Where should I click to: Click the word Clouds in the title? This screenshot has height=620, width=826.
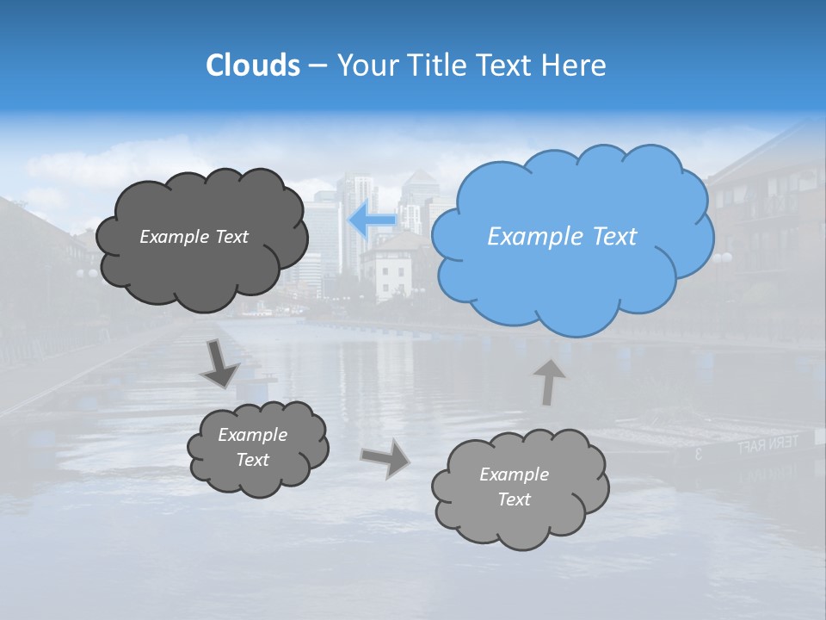252,65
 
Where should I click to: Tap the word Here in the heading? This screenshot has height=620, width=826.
574,65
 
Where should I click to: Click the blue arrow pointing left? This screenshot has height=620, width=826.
373,221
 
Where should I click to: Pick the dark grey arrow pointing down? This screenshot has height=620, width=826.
220,363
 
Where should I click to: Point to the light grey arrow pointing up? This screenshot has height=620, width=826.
549,381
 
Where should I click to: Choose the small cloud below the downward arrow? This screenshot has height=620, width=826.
256,448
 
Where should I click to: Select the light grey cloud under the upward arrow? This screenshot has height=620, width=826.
519,488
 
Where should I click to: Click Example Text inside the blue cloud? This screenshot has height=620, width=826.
562,237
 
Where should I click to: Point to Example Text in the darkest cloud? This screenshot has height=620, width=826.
194,237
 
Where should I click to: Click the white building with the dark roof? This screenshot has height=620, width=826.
391,267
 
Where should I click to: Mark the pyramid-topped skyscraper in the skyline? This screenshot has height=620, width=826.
419,194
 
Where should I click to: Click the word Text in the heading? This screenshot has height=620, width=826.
507,65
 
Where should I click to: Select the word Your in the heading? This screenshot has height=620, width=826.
365,65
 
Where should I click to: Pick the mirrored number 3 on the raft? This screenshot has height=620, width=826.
698,454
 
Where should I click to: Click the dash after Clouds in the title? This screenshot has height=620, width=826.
317,66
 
